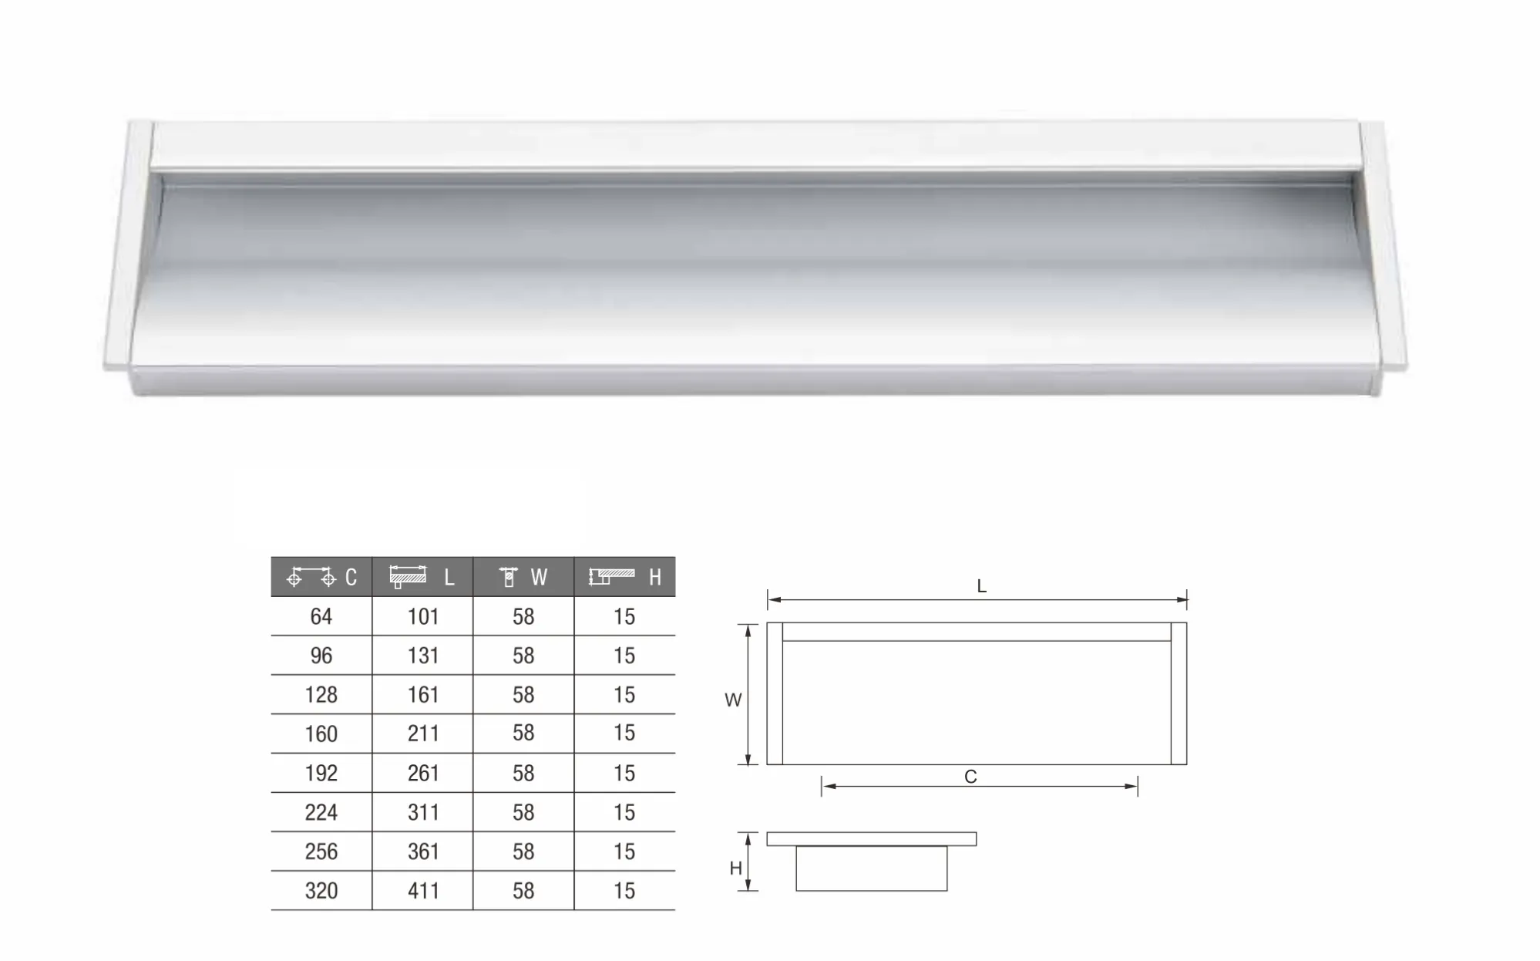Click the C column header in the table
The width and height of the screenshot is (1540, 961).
[x=321, y=577]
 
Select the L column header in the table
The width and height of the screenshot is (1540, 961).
[x=422, y=577]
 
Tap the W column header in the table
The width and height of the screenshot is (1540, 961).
[x=523, y=577]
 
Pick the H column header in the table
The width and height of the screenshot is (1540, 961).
[x=625, y=577]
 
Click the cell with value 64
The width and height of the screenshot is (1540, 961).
[x=321, y=617]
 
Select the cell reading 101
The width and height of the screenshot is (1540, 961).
[x=423, y=617]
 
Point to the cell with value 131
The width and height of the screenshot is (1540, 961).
[x=423, y=656]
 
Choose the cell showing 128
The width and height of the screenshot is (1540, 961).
[x=321, y=695]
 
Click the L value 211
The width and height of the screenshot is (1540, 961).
[x=423, y=733]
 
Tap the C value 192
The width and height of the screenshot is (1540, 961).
[x=321, y=773]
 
